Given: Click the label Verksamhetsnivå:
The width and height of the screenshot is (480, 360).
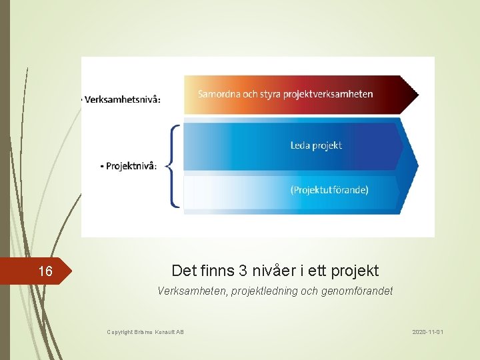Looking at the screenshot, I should tap(121, 100).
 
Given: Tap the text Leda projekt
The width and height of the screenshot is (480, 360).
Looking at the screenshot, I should tap(316, 145).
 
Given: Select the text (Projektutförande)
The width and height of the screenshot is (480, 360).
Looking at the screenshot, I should tap(329, 190).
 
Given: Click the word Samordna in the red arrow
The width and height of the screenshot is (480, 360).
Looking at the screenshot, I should tap(218, 94).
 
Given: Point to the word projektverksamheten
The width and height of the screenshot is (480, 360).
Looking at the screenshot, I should tap(327, 94).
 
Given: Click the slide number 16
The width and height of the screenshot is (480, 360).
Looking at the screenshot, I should tap(45, 271).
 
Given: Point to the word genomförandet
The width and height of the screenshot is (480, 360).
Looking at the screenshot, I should tap(358, 291).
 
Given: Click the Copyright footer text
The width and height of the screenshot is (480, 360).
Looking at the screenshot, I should tap(145, 332).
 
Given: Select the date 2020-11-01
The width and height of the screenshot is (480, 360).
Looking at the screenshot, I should tap(428, 331).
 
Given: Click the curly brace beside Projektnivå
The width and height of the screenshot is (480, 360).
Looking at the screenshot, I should tap(171, 166).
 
